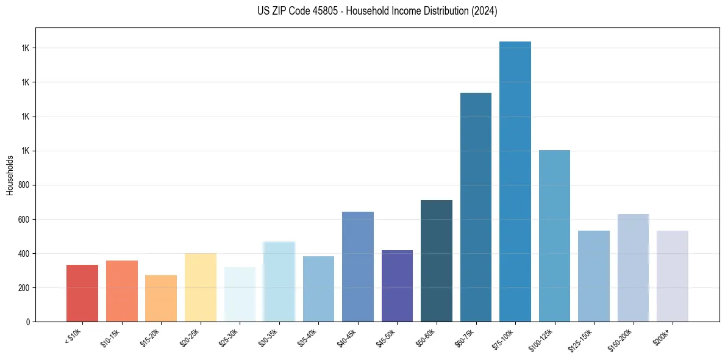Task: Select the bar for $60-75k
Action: [x=476, y=207]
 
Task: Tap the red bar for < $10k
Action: [x=82, y=293]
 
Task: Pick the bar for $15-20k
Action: [x=161, y=298]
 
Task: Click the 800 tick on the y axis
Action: [x=25, y=185]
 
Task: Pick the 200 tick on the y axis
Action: [x=25, y=287]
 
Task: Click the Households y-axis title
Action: [x=10, y=175]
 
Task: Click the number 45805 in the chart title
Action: [x=326, y=11]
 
